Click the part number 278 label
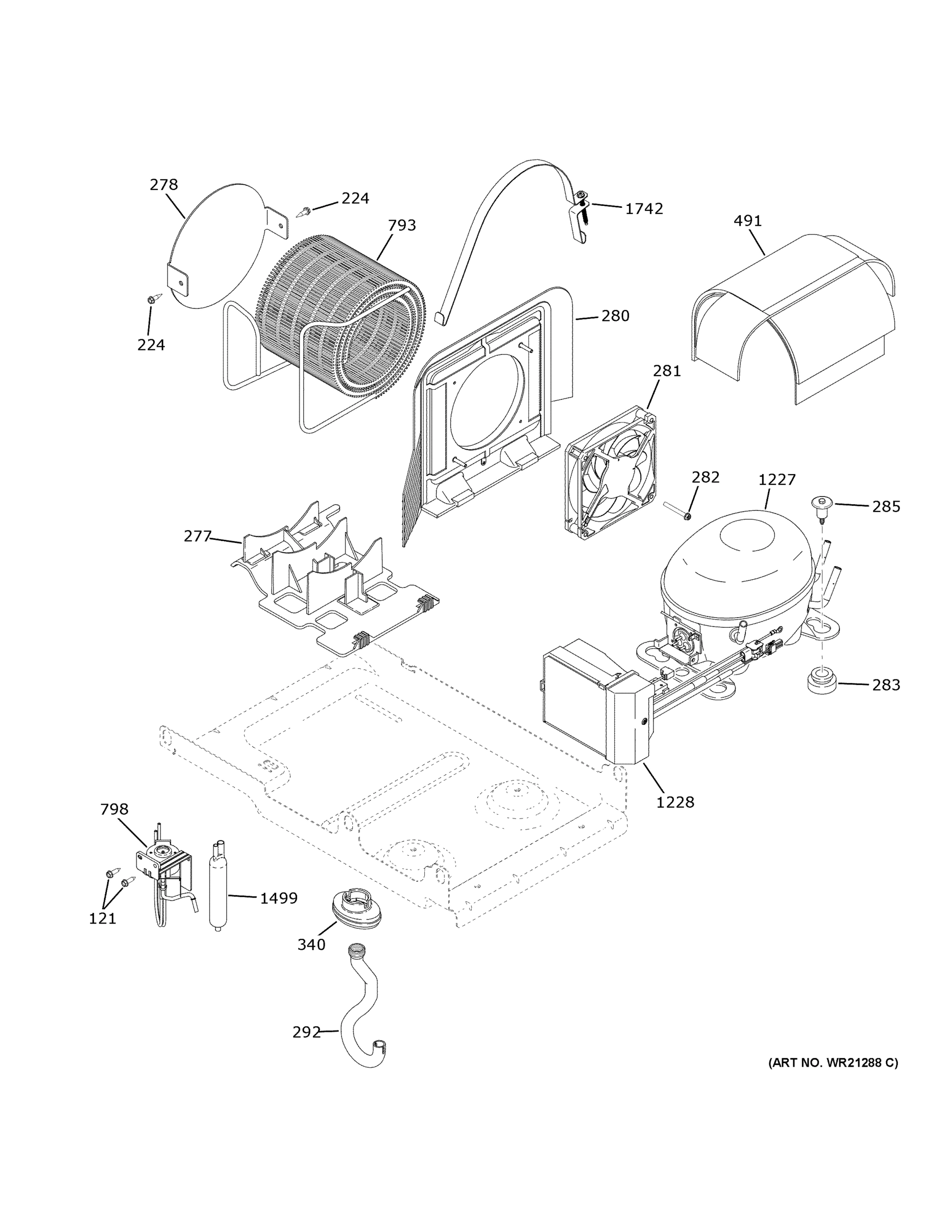click(164, 185)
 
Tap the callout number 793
click(402, 225)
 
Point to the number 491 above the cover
click(747, 221)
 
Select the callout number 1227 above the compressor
click(776, 480)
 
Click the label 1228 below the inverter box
click(675, 802)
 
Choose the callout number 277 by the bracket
click(197, 537)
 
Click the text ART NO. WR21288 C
click(833, 1062)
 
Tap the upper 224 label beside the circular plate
click(355, 198)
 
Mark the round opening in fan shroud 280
click(487, 398)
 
